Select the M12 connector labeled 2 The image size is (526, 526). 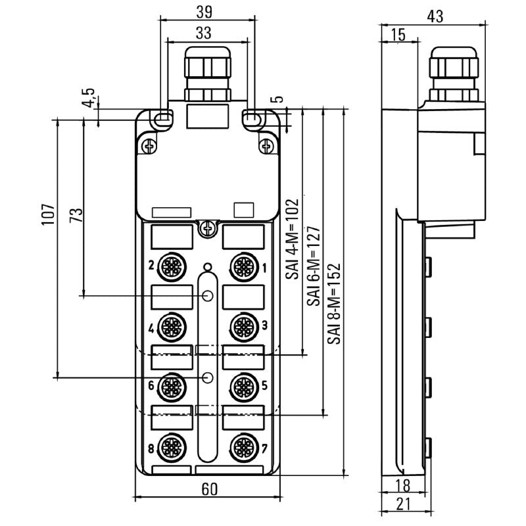172,267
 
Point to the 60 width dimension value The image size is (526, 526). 209,489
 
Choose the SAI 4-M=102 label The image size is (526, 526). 291,239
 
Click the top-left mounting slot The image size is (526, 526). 163,118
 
